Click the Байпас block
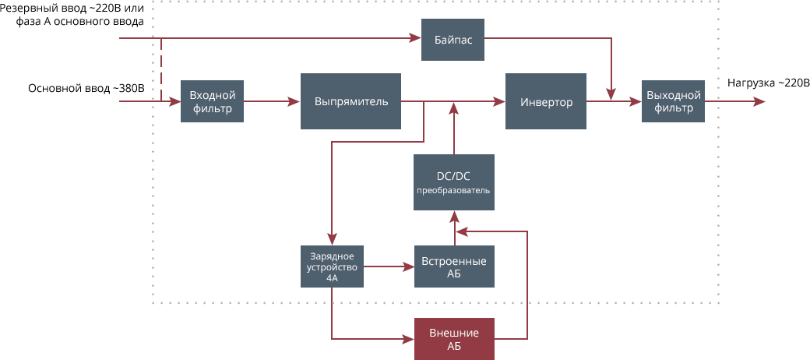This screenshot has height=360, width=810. [453, 38]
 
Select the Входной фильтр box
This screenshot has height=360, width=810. [212, 101]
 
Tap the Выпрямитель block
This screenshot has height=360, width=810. [350, 101]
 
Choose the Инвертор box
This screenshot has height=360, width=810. [545, 101]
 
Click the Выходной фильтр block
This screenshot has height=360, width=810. [673, 101]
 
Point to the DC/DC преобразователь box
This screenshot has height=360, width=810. [453, 182]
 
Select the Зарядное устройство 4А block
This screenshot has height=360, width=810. [333, 266]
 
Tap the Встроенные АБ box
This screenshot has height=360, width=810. [453, 266]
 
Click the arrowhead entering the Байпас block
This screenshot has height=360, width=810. [416, 37]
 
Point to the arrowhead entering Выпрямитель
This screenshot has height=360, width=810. [295, 101]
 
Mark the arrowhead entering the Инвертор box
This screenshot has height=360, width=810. [499, 101]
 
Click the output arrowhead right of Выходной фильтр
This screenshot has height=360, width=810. [759, 101]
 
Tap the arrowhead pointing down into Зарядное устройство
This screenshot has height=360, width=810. [333, 239]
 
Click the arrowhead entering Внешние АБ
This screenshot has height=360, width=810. [408, 339]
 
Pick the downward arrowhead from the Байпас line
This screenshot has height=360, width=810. [611, 94]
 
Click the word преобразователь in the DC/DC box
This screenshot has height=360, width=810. [453, 191]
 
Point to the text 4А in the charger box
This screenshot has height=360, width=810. [333, 277]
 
